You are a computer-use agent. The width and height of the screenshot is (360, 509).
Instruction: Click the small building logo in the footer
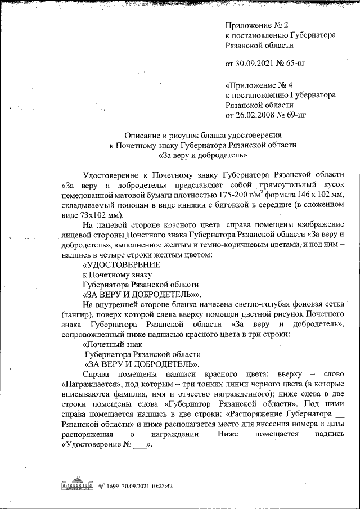75,485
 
